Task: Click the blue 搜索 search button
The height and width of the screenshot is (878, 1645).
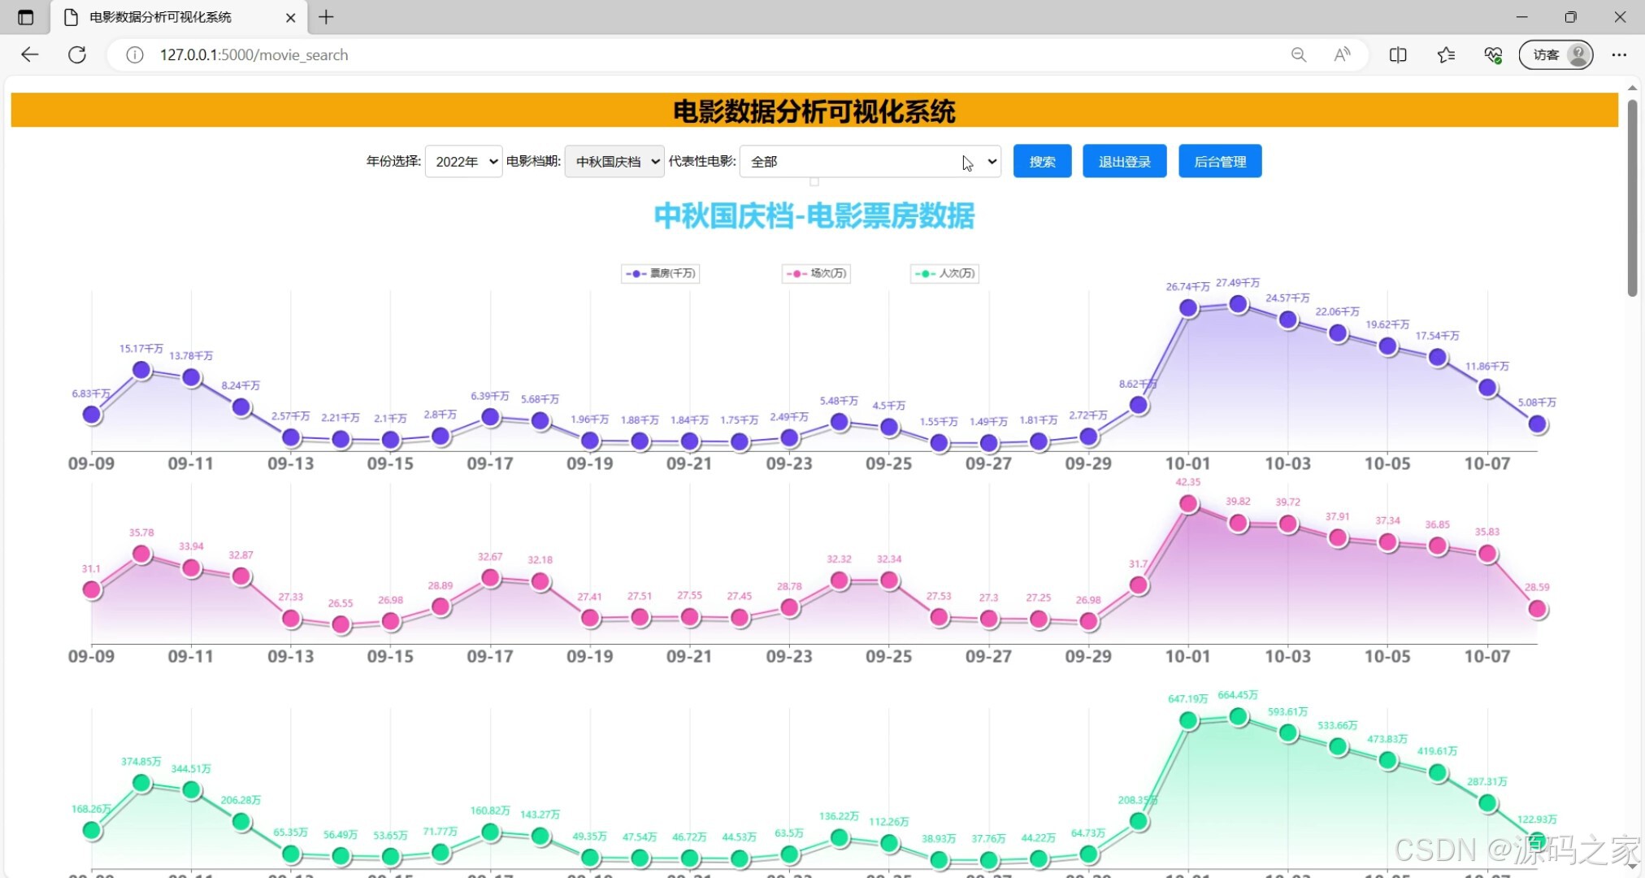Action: point(1042,161)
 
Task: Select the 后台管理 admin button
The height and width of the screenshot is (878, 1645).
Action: point(1219,161)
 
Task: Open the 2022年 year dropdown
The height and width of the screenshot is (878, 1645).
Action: point(463,161)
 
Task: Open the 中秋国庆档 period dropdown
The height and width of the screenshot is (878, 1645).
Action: point(614,161)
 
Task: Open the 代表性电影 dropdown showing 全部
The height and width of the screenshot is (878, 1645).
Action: point(870,161)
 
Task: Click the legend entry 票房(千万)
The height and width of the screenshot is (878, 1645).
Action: point(661,273)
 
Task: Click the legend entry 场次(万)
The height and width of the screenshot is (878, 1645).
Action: point(817,273)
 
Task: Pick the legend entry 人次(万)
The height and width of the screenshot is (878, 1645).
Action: point(944,273)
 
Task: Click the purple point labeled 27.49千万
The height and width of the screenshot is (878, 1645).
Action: point(1238,304)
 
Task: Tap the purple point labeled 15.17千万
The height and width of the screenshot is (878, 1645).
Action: point(141,370)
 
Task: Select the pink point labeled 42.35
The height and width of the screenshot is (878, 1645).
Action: point(1188,504)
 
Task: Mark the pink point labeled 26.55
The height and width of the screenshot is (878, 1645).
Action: point(341,624)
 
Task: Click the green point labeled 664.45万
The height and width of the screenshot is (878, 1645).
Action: point(1238,716)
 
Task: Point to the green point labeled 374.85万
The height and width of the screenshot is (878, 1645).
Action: point(141,783)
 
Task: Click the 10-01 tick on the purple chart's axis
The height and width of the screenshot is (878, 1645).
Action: point(1187,463)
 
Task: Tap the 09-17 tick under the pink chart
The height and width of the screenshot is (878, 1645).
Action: point(490,656)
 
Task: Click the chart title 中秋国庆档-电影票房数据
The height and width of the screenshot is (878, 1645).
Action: point(814,216)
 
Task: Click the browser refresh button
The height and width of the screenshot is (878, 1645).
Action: point(77,54)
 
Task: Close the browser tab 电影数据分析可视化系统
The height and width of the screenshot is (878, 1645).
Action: point(290,17)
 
